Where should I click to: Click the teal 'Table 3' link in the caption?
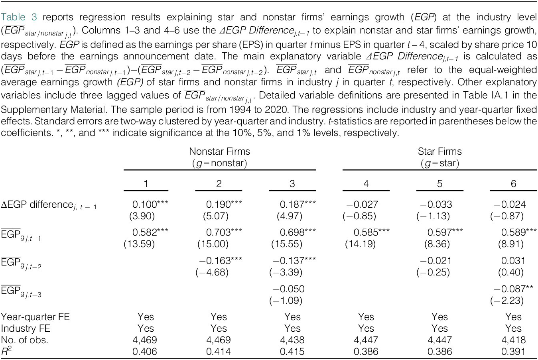pyautogui.click(x=19, y=17)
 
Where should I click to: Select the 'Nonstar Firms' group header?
pyautogui.click(x=219, y=151)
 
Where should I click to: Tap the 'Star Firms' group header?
pyautogui.click(x=440, y=151)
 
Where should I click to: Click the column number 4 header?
pyautogui.click(x=366, y=184)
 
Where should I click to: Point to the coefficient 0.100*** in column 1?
pyautogui.click(x=150, y=204)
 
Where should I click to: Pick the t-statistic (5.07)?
pyautogui.click(x=216, y=216)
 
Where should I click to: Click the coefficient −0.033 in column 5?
pyautogui.click(x=436, y=204)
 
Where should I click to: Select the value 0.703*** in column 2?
pyautogui.click(x=224, y=232)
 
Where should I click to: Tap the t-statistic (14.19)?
pyautogui.click(x=360, y=244)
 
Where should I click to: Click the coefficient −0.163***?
pyautogui.click(x=221, y=261)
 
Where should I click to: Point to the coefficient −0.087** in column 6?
pyautogui.click(x=513, y=289)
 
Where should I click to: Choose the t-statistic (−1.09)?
pyautogui.click(x=286, y=301)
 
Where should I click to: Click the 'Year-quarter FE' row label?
pyautogui.click(x=35, y=317)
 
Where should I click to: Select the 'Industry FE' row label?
pyautogui.click(x=26, y=328)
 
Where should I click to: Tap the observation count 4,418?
pyautogui.click(x=513, y=340)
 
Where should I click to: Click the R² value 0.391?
pyautogui.click(x=513, y=352)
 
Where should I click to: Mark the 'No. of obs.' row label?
pyautogui.click(x=24, y=340)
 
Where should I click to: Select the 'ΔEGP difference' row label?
pyautogui.click(x=49, y=205)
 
